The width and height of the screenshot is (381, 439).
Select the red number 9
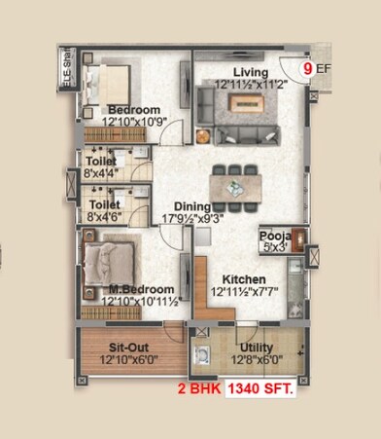pyautogui.click(x=308, y=69)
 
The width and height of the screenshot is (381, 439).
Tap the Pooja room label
pyautogui.click(x=272, y=236)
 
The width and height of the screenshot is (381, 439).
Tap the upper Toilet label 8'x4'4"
pyautogui.click(x=101, y=166)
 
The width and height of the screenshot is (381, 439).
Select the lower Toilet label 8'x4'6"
pyautogui.click(x=101, y=211)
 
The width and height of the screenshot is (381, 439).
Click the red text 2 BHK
pyautogui.click(x=198, y=389)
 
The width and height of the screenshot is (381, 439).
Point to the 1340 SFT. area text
pyautogui.click(x=262, y=389)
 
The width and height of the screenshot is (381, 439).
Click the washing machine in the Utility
pyautogui.click(x=203, y=356)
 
